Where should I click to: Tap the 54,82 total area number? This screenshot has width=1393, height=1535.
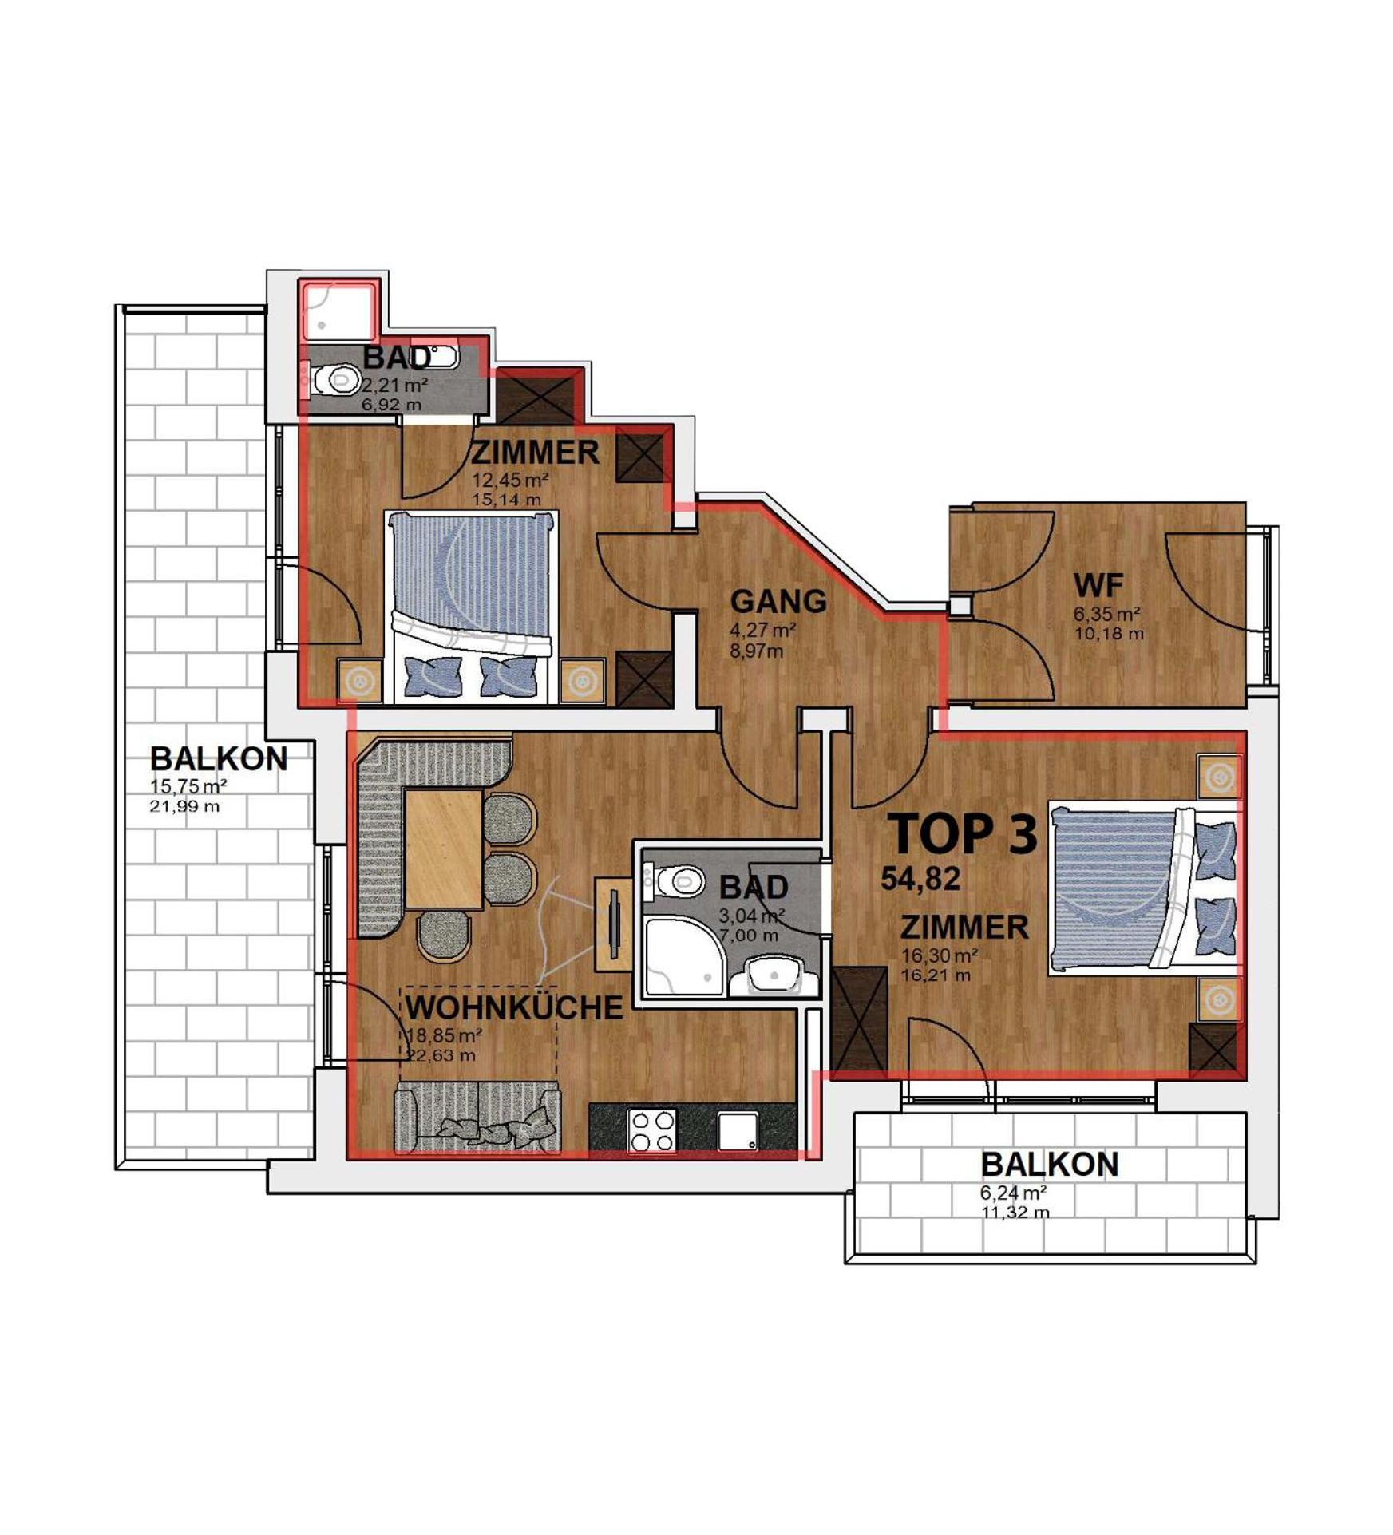coord(920,879)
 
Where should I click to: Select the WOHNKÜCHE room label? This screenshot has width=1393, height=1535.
coord(514,1007)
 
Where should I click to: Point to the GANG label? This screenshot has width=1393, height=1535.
coord(778,601)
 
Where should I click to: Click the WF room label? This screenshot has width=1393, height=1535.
coord(1098,586)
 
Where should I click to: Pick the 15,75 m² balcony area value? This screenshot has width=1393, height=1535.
coord(188,786)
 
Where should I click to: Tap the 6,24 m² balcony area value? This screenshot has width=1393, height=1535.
coord(1014,1193)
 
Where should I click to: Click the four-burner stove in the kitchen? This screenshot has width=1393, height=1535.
coord(652,1130)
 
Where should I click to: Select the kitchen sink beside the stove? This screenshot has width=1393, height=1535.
coord(738,1131)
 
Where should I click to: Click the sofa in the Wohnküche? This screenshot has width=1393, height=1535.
coord(477,1118)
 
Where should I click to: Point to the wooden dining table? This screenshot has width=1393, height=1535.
coord(443,849)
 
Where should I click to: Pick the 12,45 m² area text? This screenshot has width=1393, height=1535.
coord(509,481)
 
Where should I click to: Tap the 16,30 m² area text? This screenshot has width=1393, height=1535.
coord(939,955)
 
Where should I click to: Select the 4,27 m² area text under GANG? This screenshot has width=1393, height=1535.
coord(762,631)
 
